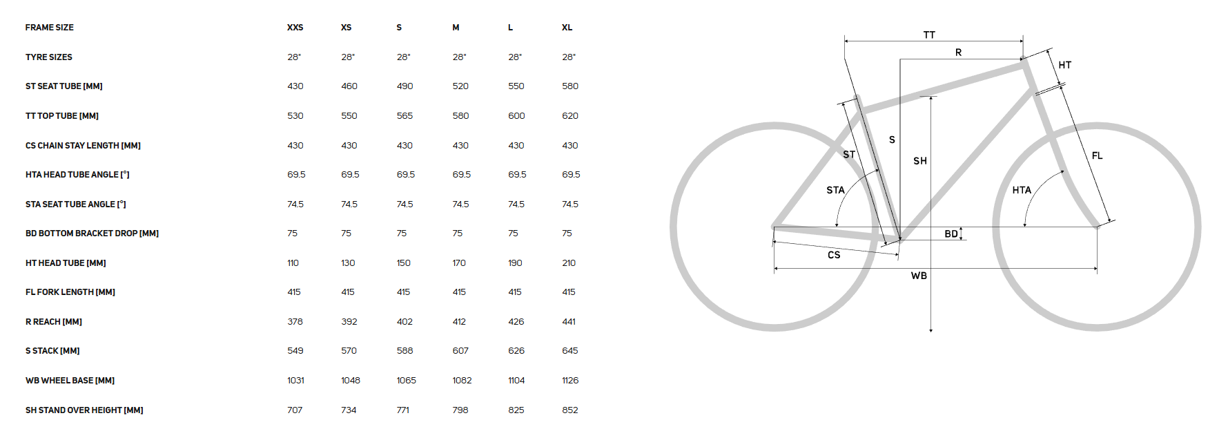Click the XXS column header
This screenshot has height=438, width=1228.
tap(295, 28)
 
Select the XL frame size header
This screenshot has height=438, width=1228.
tap(567, 28)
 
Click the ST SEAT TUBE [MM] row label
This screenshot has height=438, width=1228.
tap(64, 86)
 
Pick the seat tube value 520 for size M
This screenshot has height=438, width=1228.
tap(460, 86)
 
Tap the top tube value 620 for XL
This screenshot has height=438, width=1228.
tap(570, 116)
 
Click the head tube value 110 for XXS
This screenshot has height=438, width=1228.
tap(293, 263)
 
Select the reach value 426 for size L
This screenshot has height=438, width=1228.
tap(516, 322)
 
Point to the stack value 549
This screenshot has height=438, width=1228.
tap(295, 351)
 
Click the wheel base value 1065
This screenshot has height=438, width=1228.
tap(407, 381)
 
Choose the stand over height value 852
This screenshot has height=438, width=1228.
tap(570, 410)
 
